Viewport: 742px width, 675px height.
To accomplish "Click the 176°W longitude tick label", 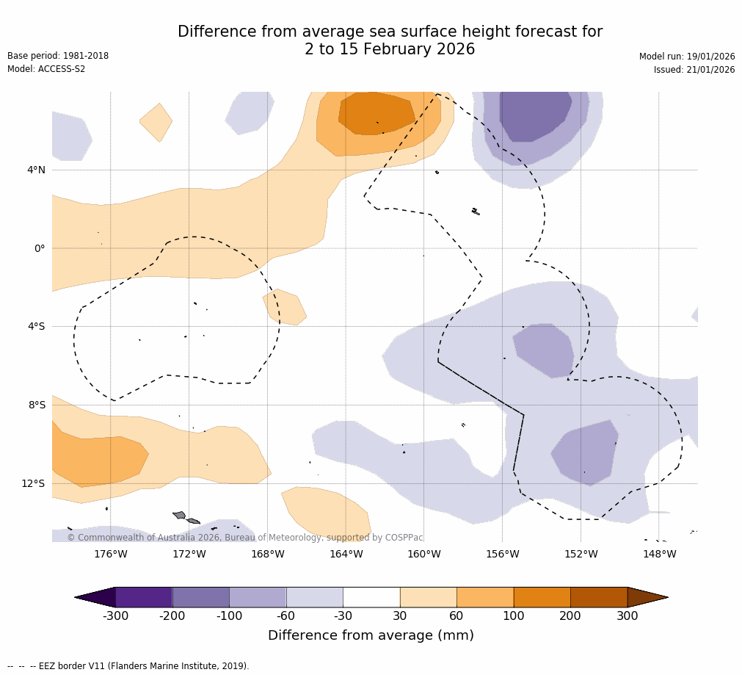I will click(110, 554).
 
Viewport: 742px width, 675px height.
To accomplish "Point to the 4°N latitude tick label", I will click(36, 170).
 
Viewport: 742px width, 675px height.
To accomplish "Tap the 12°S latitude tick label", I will click(33, 483).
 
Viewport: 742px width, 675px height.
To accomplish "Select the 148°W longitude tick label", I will click(659, 554).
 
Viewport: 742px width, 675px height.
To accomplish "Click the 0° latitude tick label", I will click(40, 248).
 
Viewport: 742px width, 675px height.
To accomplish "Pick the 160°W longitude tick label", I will click(423, 554).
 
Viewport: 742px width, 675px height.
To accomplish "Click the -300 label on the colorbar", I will click(115, 616).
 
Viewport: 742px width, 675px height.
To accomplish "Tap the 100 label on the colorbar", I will click(514, 616).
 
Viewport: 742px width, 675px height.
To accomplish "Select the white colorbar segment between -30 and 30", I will click(371, 597).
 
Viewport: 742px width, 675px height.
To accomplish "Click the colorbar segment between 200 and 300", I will click(599, 597).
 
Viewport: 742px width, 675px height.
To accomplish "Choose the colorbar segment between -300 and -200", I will click(144, 597).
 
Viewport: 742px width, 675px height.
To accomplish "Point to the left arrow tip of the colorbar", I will click(76, 597).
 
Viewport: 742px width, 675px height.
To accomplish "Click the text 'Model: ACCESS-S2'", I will click(46, 69).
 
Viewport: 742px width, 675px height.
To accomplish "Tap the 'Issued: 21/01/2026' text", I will click(694, 70).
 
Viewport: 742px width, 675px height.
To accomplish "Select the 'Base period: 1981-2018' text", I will click(58, 56).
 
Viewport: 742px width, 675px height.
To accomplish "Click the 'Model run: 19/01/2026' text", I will click(687, 57).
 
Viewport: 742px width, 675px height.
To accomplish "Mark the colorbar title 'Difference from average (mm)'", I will click(371, 635).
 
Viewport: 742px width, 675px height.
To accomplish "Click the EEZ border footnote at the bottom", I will click(128, 666).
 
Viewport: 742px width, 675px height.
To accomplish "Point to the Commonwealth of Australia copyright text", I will click(245, 538).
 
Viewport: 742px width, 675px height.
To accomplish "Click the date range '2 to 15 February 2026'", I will click(390, 50).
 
